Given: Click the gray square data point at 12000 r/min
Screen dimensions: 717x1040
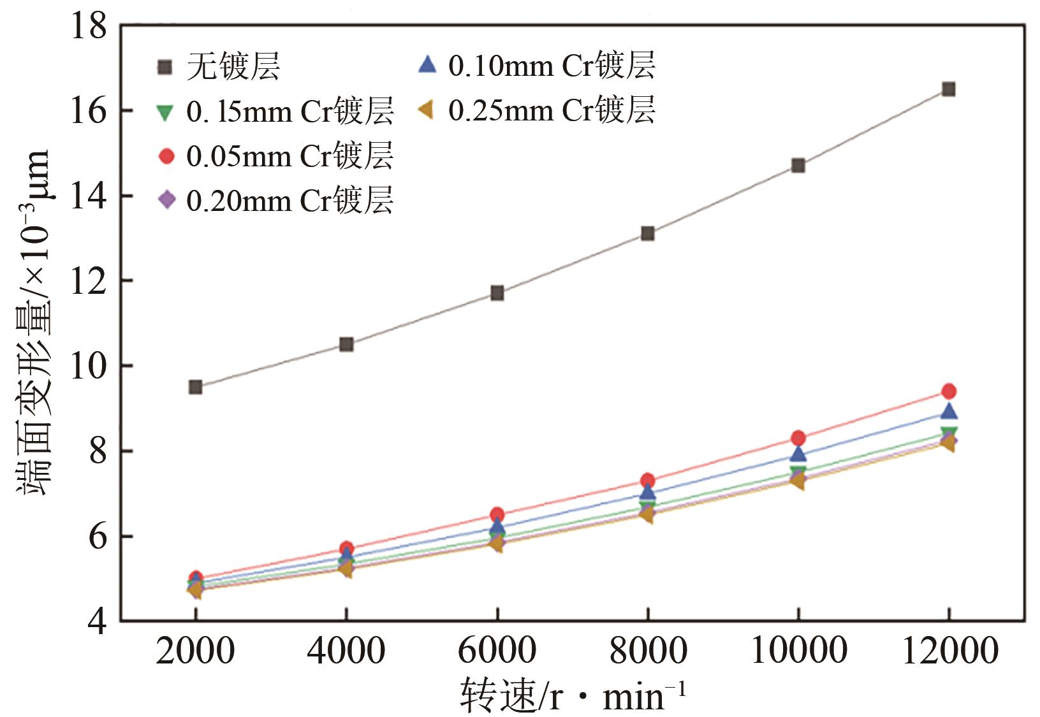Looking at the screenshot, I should tap(948, 89).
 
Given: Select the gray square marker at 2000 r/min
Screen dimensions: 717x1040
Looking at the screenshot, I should tap(195, 387).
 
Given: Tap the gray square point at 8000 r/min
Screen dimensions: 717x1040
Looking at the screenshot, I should tap(647, 233).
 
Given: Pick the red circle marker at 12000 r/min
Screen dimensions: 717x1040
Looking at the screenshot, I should tap(948, 391).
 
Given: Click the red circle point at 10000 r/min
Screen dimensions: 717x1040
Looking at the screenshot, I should tap(798, 438).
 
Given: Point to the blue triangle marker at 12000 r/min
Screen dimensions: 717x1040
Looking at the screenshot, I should tap(948, 411).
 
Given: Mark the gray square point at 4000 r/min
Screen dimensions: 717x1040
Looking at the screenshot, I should tap(346, 345).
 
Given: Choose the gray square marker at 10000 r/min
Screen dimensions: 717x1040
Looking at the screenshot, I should tap(798, 166).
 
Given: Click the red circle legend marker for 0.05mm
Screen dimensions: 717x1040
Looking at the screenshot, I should tap(166, 156).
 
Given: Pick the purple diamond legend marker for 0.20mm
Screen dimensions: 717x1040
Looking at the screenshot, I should tap(166, 200).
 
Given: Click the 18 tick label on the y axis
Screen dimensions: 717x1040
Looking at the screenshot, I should tap(89, 27).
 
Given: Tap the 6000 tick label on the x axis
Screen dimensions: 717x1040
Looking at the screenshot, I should tap(496, 651).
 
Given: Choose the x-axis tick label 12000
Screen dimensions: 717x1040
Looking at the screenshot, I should tap(948, 651).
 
